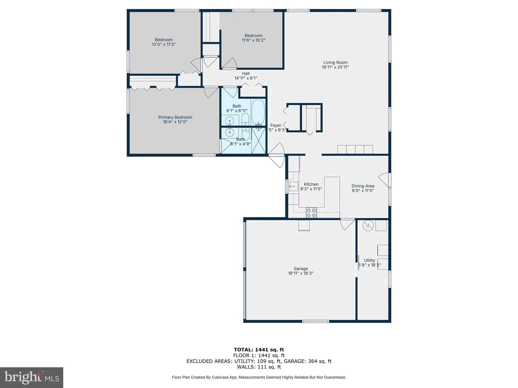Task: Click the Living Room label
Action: click(x=335, y=62)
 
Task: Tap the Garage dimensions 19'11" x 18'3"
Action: click(x=300, y=273)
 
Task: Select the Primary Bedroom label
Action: click(x=175, y=117)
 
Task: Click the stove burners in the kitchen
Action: click(x=311, y=212)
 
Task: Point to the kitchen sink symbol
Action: click(x=294, y=186)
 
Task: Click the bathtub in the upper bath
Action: click(x=258, y=112)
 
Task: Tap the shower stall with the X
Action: click(x=258, y=140)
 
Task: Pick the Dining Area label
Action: click(x=363, y=186)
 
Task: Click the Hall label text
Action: click(x=246, y=74)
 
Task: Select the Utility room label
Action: click(x=369, y=260)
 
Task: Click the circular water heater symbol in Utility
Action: click(x=368, y=226)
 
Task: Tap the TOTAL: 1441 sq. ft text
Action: click(x=259, y=350)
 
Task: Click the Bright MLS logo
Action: click(x=32, y=377)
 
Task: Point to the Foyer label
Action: click(x=275, y=125)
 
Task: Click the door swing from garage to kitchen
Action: click(x=347, y=224)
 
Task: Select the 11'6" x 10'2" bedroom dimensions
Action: click(x=253, y=40)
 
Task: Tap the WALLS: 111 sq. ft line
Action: click(x=259, y=367)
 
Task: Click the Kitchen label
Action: click(x=311, y=184)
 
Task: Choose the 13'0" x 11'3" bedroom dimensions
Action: click(x=164, y=44)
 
